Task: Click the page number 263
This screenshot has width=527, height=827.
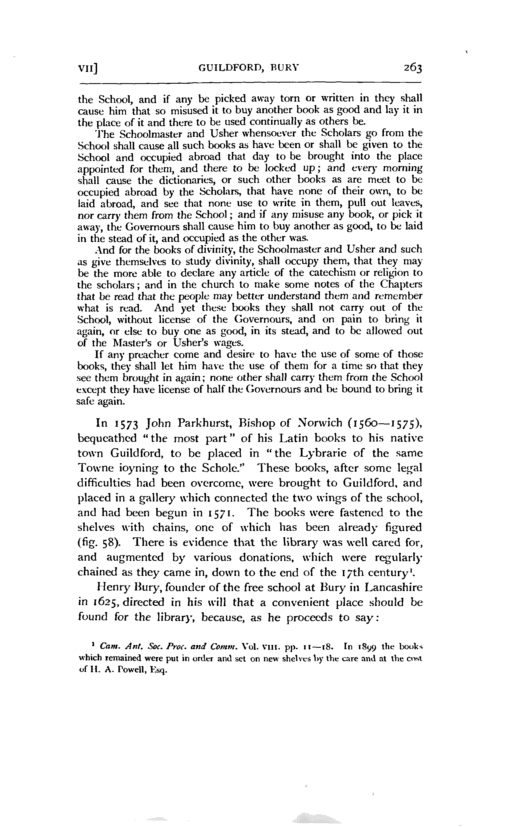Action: [413, 67]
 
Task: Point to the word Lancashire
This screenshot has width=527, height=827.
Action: [393, 588]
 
